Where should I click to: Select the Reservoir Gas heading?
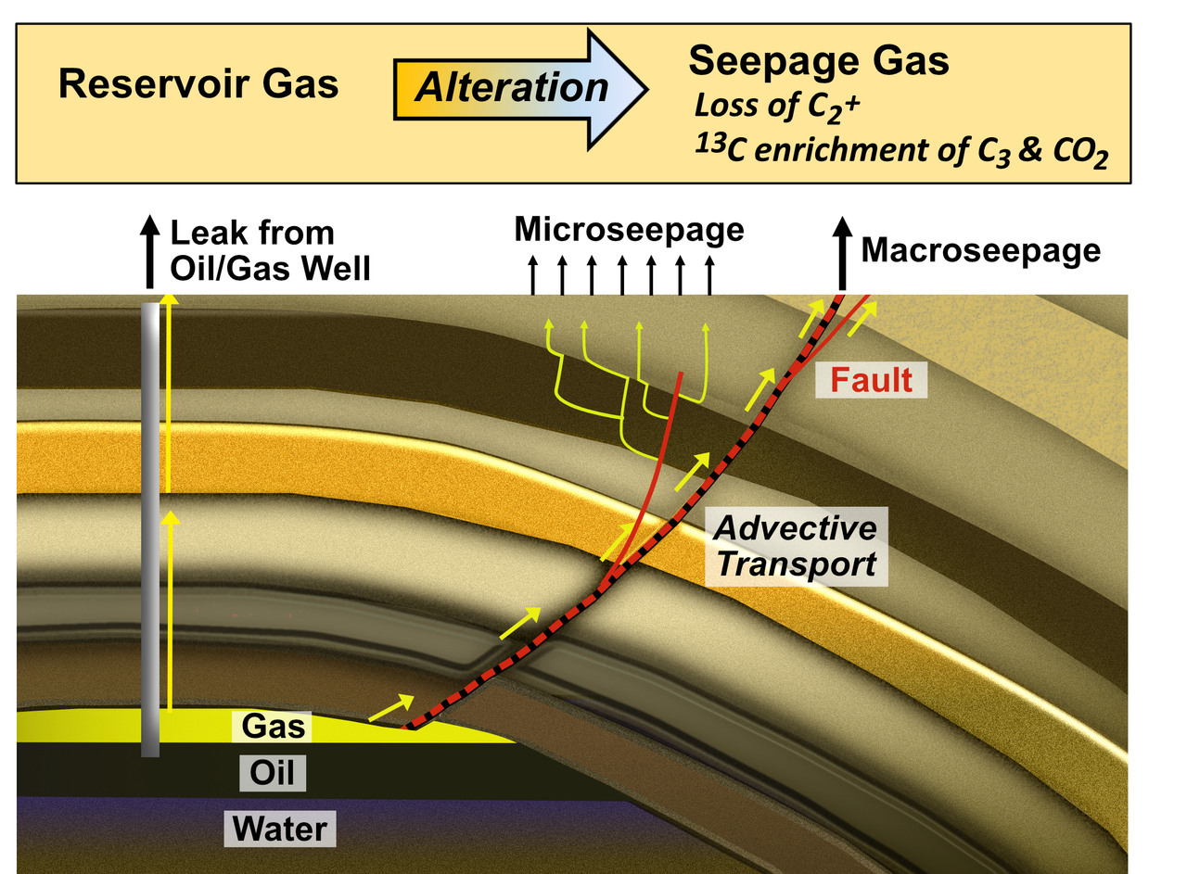point(198,85)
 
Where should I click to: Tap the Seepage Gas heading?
point(819,61)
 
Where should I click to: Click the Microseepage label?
point(630,229)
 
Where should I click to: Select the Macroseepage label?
point(981,250)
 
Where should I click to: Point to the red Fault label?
point(872,379)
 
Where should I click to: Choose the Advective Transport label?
point(797,546)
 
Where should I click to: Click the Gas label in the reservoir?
point(273,726)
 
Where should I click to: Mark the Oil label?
point(273,772)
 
